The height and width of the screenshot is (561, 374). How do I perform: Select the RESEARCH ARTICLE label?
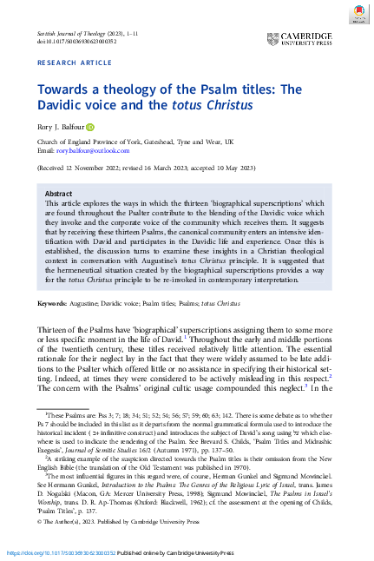(x=73, y=64)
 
